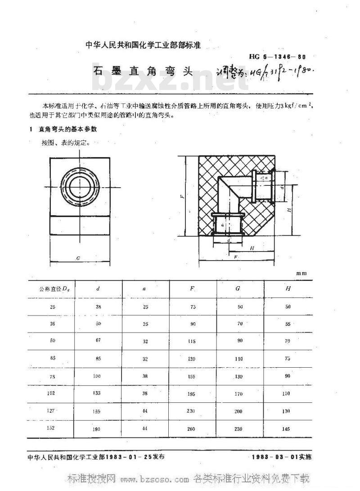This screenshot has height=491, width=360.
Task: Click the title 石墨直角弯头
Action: pyautogui.click(x=143, y=72)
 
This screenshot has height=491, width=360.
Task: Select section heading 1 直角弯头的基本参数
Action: pyautogui.click(x=63, y=129)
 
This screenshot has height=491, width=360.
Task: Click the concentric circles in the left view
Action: pyautogui.click(x=79, y=185)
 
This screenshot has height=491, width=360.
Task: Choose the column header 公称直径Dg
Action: pyautogui.click(x=51, y=288)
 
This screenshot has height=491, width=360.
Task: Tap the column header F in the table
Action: pyautogui.click(x=192, y=288)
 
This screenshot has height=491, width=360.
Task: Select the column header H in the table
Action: pyautogui.click(x=288, y=288)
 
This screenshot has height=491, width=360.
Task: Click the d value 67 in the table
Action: pyautogui.click(x=98, y=341)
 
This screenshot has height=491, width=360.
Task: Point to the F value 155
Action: pyautogui.click(x=192, y=376)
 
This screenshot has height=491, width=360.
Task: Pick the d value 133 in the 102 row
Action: pyautogui.click(x=97, y=393)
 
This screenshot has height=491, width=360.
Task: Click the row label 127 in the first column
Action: pyautogui.click(x=51, y=410)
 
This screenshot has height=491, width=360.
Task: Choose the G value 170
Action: pyautogui.click(x=238, y=394)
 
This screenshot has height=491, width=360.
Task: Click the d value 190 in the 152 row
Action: pyautogui.click(x=97, y=429)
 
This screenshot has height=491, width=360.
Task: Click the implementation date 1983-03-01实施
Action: pyautogui.click(x=282, y=457)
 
